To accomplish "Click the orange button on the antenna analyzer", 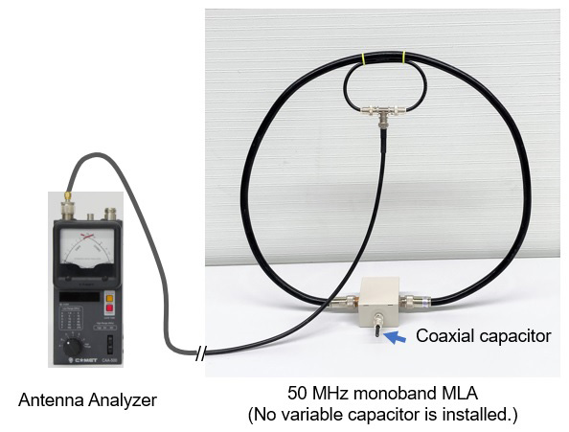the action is pos(109,299).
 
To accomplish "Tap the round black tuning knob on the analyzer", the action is pos(73,347).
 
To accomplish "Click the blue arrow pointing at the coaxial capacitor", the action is pos(395,337).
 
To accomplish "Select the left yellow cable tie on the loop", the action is pos(363,58).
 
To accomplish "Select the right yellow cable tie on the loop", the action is pos(404,57).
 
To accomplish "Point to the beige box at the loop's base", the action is pos(379,300).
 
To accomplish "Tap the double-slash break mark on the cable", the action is pos(200,352).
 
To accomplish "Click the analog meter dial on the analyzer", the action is pos(87,247).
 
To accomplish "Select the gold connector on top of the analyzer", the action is pos(67,196).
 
